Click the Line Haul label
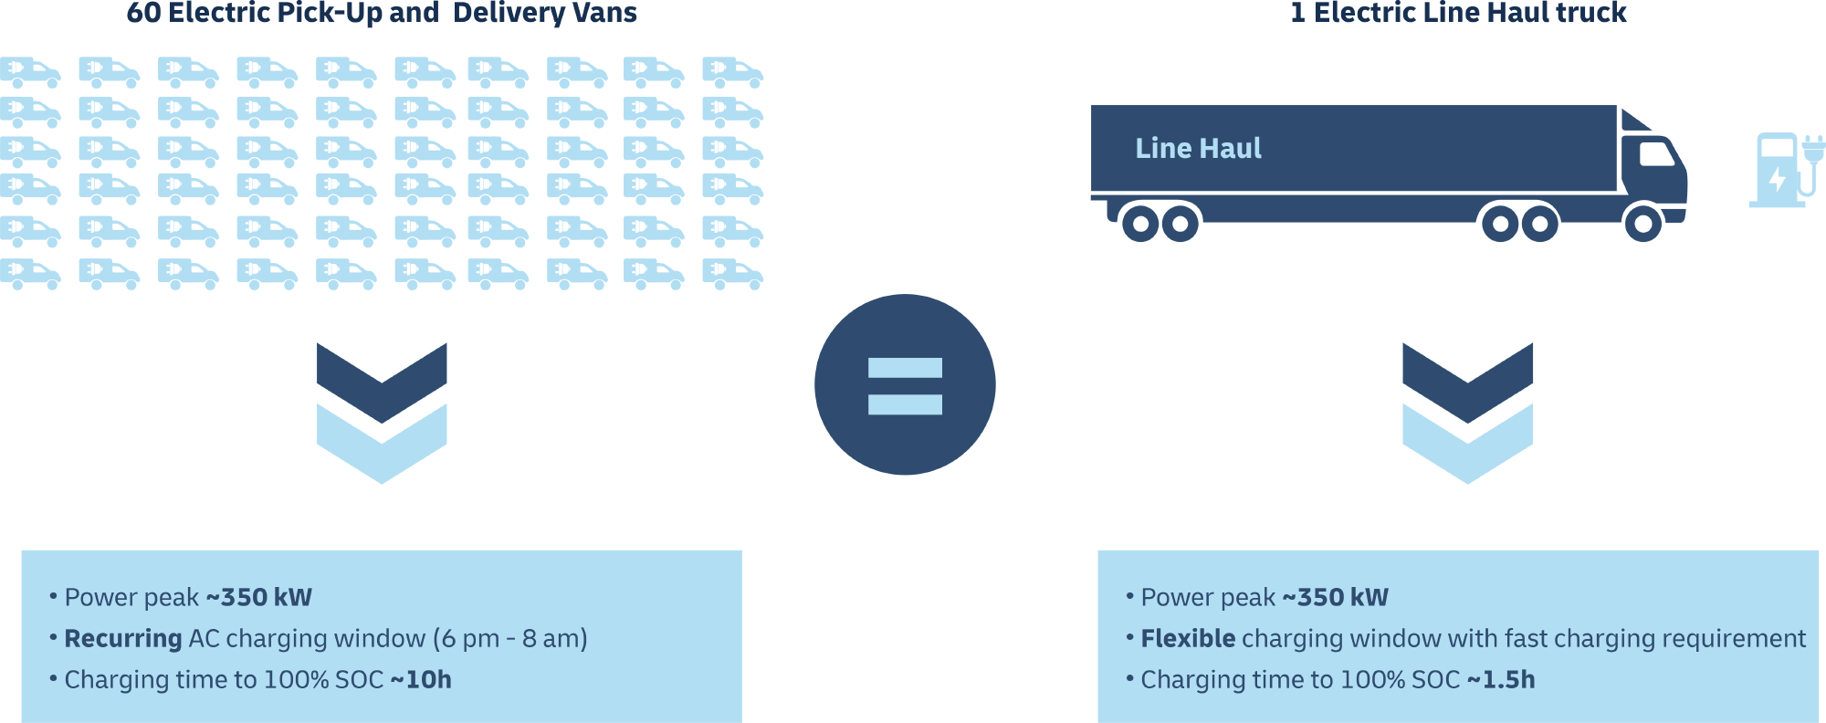(1198, 149)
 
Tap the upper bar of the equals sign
(905, 368)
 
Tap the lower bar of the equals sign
(905, 403)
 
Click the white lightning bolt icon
(1777, 180)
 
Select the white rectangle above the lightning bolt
(1777, 148)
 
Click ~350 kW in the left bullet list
(259, 598)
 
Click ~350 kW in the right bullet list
(1336, 598)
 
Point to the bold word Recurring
(122, 639)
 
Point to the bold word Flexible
(1188, 639)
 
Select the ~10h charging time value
(421, 680)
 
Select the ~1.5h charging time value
(1501, 680)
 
